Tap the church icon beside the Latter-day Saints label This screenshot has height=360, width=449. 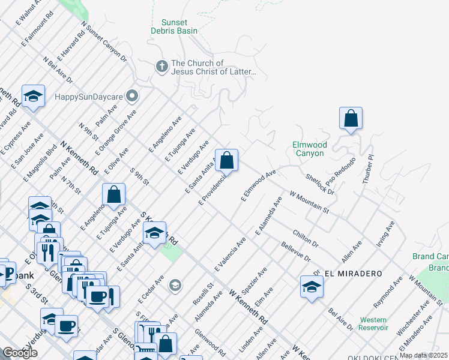click(162, 67)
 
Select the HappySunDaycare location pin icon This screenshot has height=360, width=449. click(132, 96)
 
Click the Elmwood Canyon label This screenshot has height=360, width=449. click(310, 149)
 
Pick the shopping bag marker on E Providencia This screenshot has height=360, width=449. click(226, 161)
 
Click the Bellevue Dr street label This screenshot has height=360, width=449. click(295, 251)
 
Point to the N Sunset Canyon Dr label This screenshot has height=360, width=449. click(104, 43)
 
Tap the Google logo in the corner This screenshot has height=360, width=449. click(20, 353)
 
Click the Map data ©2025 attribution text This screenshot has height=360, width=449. click(423, 355)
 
